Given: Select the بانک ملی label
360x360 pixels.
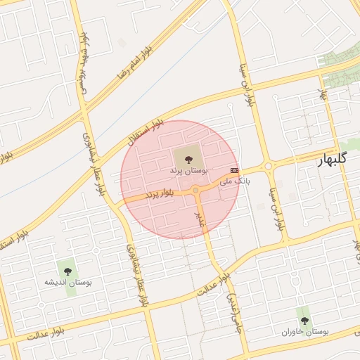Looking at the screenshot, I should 234,181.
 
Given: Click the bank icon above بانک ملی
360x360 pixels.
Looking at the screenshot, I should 235,170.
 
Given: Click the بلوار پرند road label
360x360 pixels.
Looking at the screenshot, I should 160,193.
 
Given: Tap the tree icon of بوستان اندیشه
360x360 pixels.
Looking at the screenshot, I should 67,271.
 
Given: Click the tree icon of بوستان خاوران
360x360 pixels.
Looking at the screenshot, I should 304,321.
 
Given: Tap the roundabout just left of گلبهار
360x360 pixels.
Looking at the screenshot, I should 268,167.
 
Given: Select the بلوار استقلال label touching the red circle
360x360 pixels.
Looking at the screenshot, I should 146,134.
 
